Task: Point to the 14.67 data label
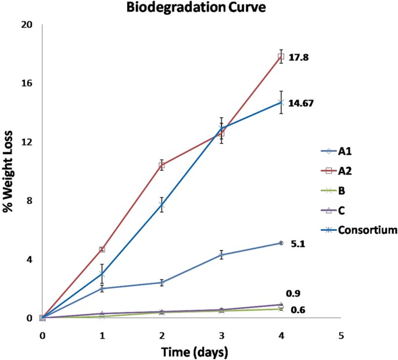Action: (x=305, y=102)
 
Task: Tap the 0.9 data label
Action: (x=293, y=293)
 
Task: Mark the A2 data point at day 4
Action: (x=281, y=56)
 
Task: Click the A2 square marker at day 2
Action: (x=162, y=165)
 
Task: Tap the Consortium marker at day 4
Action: (x=281, y=102)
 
